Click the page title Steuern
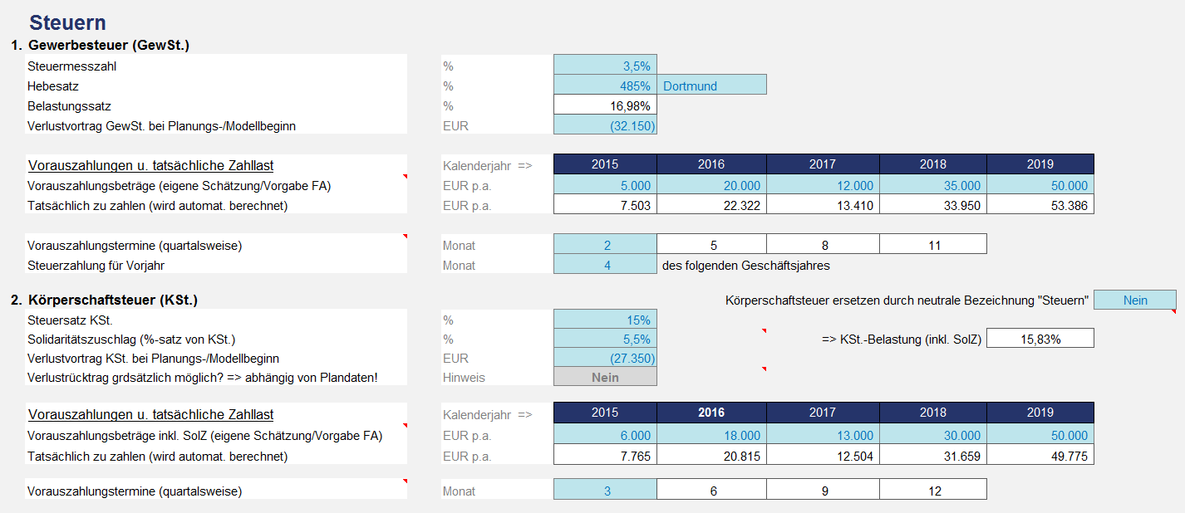point(67,23)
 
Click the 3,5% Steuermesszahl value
point(605,66)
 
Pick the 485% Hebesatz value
point(605,85)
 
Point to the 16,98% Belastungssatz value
point(605,105)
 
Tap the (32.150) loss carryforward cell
point(605,126)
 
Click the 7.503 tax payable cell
point(605,205)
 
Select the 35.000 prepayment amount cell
point(933,186)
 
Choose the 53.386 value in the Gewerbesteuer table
point(1040,205)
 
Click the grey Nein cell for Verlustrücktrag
point(605,377)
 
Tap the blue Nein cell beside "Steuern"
point(1134,300)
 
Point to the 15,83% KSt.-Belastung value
point(1040,339)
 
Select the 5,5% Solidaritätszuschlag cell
point(605,339)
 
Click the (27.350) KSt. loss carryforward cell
point(605,359)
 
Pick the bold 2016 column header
point(711,413)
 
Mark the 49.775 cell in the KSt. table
point(1040,456)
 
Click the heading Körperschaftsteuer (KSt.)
point(113,299)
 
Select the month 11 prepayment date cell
point(933,246)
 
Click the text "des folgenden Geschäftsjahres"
point(745,266)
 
